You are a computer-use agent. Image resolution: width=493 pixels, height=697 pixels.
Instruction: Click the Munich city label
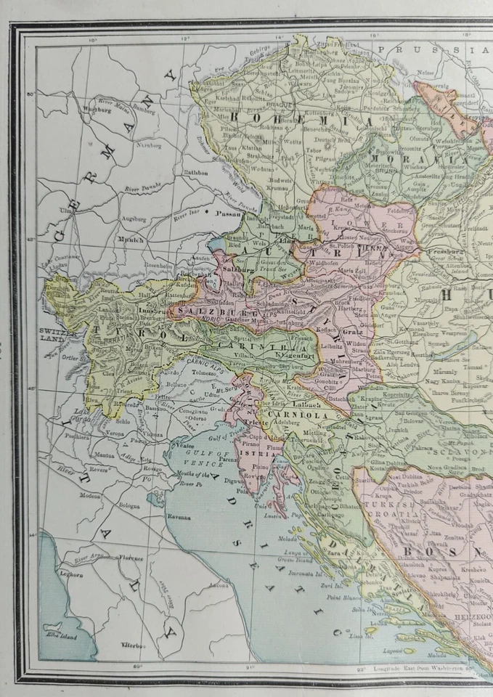[131, 239]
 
